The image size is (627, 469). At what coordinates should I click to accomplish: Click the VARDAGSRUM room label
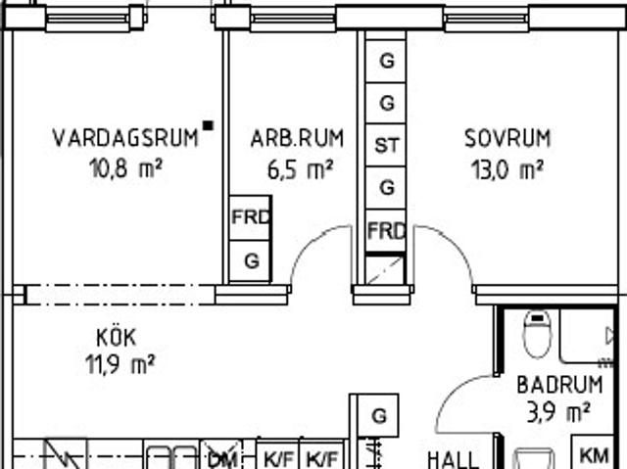[x=124, y=137]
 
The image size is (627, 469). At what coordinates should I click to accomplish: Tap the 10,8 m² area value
[x=124, y=168]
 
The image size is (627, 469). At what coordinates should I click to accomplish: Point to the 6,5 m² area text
[x=300, y=169]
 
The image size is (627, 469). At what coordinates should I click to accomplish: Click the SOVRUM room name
[x=506, y=138]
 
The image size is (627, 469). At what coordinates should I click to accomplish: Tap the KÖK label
[x=116, y=338]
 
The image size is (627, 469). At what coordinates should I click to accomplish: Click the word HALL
[x=453, y=458]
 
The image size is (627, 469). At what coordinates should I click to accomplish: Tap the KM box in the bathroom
[x=593, y=455]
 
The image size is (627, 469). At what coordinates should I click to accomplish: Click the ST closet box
[x=387, y=146]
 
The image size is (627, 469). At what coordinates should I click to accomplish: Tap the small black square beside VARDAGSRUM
[x=207, y=125]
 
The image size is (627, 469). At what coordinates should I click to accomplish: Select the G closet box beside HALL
[x=378, y=415]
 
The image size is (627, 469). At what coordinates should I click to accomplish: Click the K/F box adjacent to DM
[x=278, y=457]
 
